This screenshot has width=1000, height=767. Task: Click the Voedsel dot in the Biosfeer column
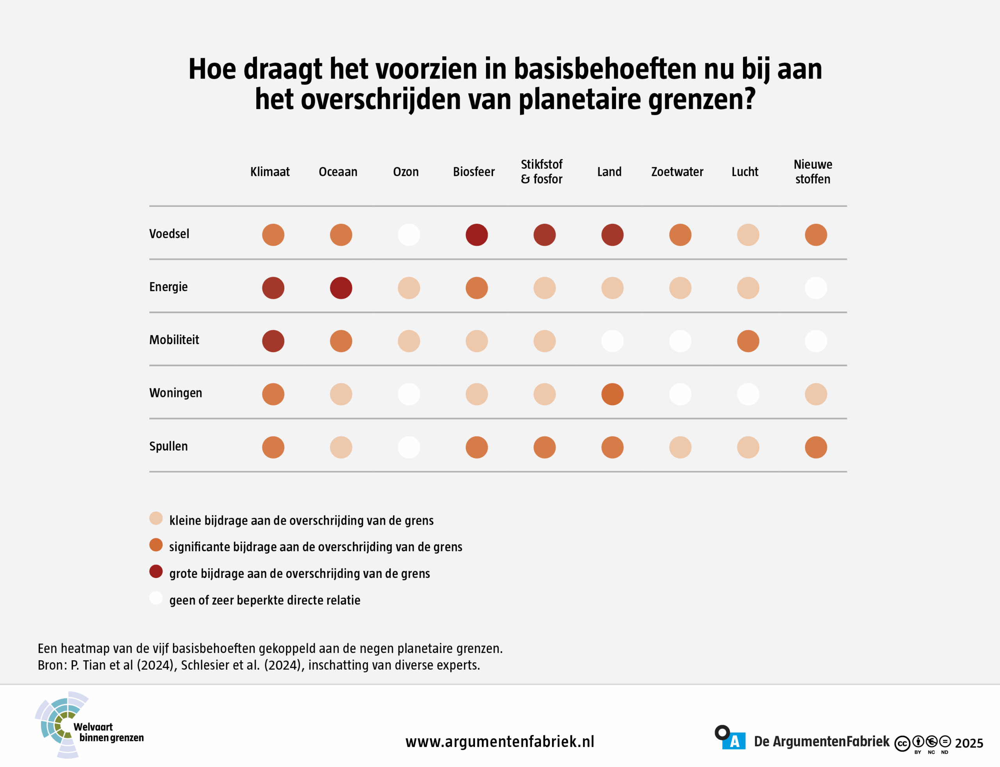477,235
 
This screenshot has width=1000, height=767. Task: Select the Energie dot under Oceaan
341,288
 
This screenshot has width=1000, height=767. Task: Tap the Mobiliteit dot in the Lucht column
748,341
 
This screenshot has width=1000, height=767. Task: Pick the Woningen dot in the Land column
612,394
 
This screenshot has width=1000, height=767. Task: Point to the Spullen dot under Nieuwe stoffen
816,447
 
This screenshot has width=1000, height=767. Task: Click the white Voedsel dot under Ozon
409,235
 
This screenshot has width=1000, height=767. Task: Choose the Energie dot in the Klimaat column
273,288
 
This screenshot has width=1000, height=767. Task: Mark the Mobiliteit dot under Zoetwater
680,341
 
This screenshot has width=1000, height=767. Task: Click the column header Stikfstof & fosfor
542,172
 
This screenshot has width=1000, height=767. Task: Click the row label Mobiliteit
174,340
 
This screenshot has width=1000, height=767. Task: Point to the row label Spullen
168,446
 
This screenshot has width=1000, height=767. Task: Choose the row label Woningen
175,393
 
